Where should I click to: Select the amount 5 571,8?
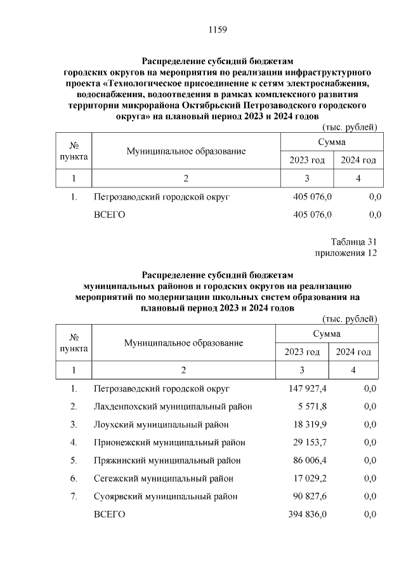(x=311, y=407)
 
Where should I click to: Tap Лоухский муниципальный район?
(x=161, y=424)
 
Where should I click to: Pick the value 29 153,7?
(x=309, y=442)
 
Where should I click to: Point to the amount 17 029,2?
(x=309, y=478)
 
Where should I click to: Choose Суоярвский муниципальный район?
(x=166, y=496)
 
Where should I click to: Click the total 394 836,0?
(x=307, y=514)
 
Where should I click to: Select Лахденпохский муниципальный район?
(x=173, y=407)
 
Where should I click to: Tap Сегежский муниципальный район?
(x=163, y=478)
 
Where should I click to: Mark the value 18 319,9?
(x=309, y=424)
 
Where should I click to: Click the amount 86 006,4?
(x=309, y=460)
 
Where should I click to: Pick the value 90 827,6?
(x=309, y=496)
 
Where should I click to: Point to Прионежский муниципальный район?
(x=169, y=442)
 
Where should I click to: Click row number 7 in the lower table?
(x=74, y=496)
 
